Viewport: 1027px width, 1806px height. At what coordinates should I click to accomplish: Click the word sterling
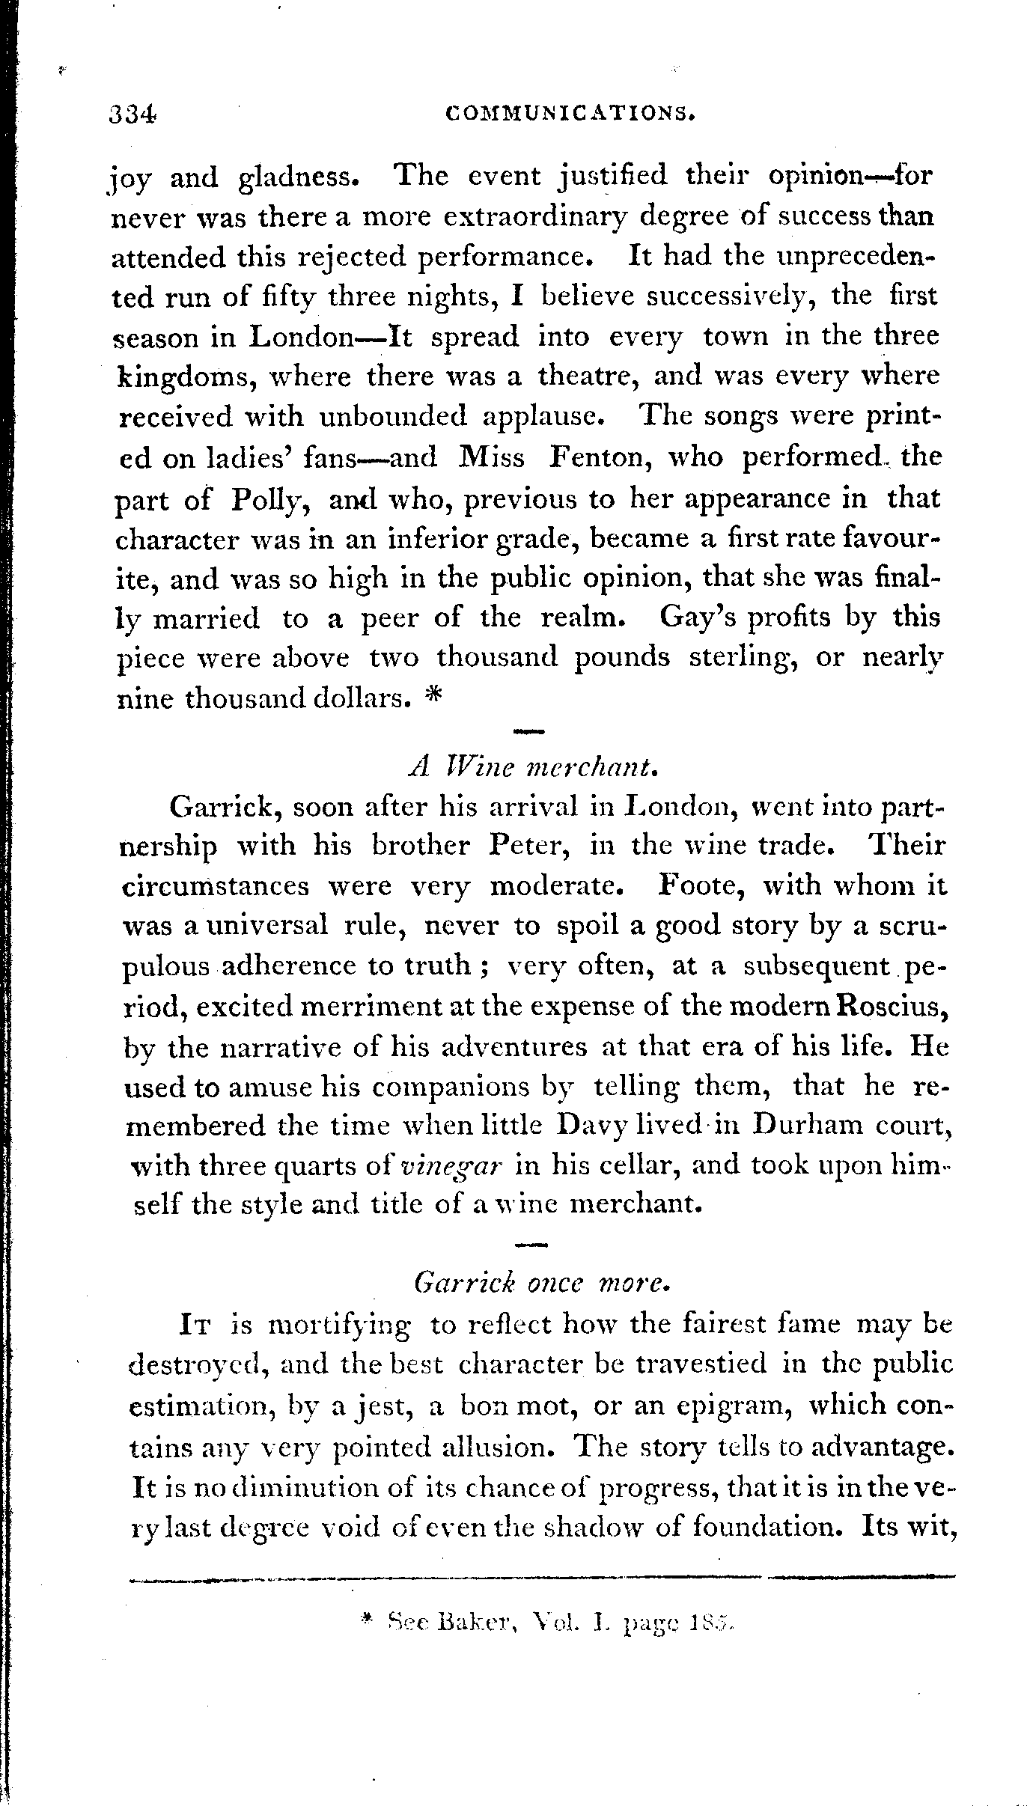coord(741,658)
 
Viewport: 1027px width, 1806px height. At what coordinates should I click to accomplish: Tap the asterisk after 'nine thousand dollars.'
coord(433,696)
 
